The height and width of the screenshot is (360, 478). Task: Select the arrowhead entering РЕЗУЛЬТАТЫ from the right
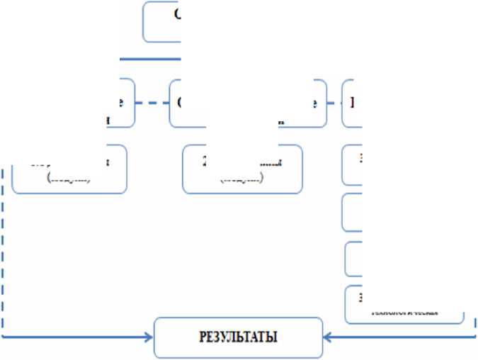coord(327,336)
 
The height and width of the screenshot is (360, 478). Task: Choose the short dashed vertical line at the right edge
coord(473,323)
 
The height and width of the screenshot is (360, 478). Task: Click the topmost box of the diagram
coord(162,21)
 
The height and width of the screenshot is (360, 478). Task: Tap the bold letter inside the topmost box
coord(176,15)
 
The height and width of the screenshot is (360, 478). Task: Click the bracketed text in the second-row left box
coord(69,180)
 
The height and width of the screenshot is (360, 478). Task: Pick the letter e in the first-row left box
coord(121,102)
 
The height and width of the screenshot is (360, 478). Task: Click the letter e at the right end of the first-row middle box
coord(312,102)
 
